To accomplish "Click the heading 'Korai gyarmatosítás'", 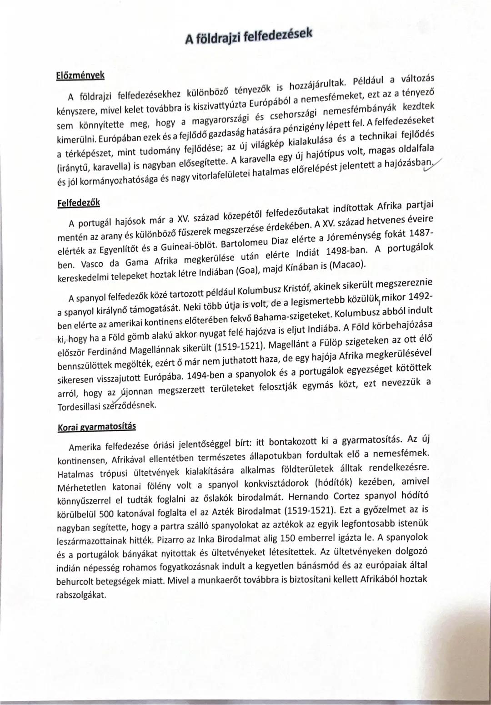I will tap(97, 428).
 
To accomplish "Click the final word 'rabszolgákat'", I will tap(81, 595).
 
